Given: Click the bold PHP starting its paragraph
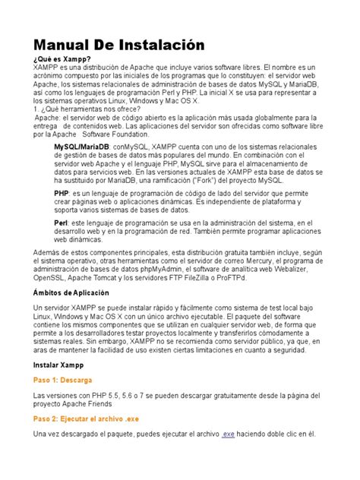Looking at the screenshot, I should click(x=62, y=194).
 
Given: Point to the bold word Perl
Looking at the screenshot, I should click(x=62, y=221).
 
